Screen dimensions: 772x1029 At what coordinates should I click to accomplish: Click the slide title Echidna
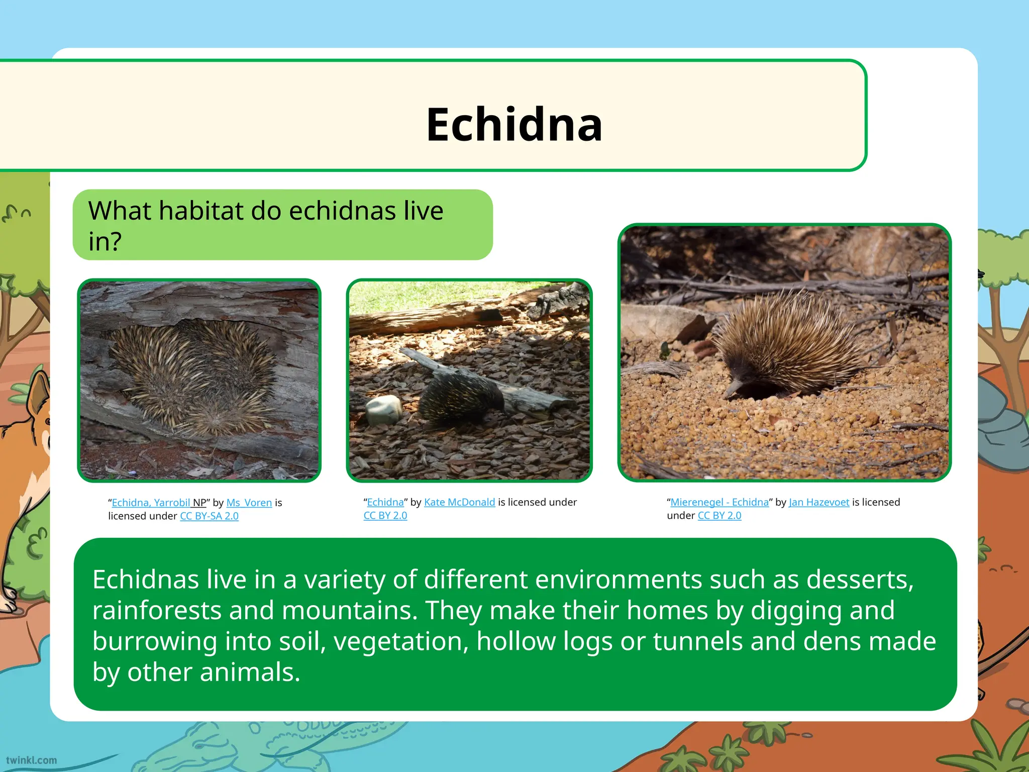point(514,125)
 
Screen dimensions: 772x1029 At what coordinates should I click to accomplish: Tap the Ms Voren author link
point(249,503)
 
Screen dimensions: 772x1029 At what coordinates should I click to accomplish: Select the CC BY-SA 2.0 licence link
point(209,516)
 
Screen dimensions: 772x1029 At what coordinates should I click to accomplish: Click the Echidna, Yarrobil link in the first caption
point(151,503)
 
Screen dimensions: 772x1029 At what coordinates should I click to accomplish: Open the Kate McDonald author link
point(459,502)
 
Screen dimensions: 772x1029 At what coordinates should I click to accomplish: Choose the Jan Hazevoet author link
point(818,502)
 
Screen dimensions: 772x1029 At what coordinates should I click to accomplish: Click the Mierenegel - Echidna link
point(719,502)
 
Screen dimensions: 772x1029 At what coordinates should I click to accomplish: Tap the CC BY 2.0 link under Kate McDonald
point(385,516)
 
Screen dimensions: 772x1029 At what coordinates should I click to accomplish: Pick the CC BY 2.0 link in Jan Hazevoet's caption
point(719,516)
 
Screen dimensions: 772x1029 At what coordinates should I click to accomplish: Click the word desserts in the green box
point(859,580)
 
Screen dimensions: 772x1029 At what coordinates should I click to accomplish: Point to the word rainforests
point(156,611)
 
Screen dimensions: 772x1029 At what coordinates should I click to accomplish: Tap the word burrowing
point(155,642)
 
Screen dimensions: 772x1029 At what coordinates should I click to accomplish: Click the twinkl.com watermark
point(31,760)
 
